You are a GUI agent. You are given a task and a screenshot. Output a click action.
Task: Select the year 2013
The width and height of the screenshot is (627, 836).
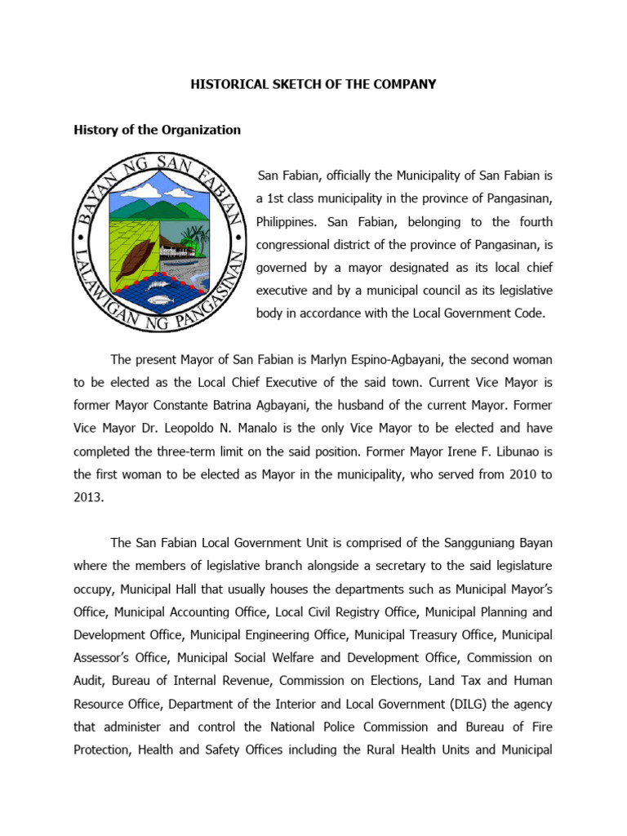click(x=88, y=496)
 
